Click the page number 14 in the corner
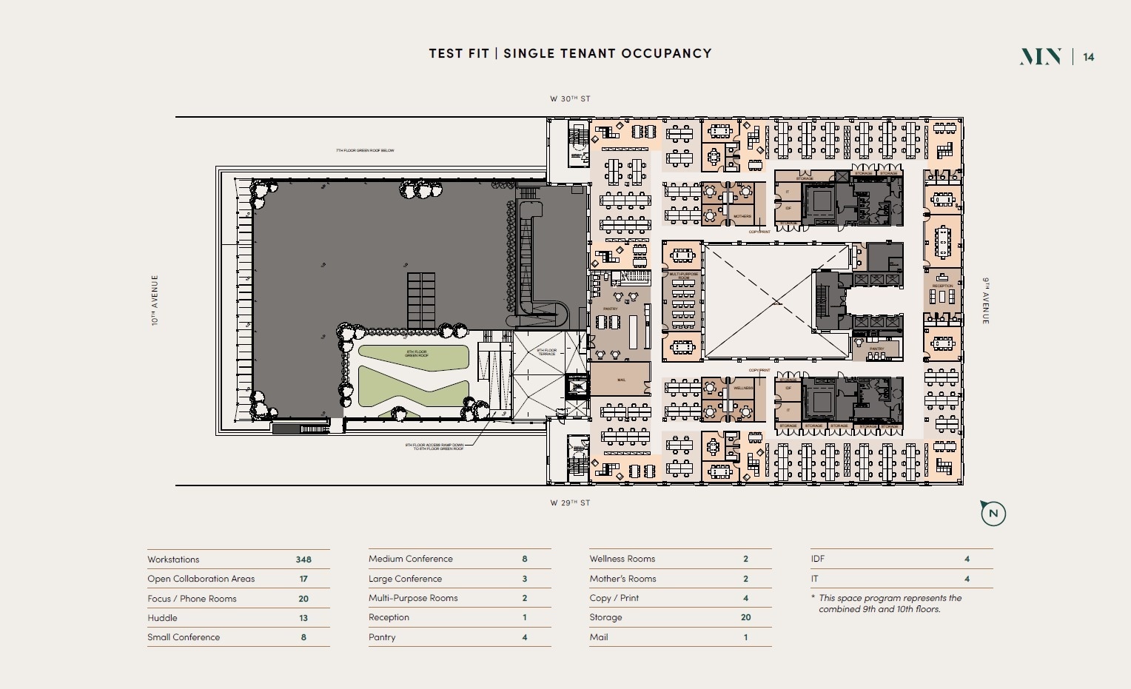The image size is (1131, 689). [x=1089, y=57]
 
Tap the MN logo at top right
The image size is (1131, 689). [x=1041, y=57]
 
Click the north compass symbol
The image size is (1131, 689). [x=993, y=513]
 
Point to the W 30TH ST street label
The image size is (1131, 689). [x=570, y=98]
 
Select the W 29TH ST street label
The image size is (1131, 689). [x=570, y=503]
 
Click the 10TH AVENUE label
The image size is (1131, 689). [x=155, y=300]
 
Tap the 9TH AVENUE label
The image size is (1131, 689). [x=986, y=300]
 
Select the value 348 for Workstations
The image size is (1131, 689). [x=303, y=559]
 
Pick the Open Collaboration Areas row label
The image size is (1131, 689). [x=201, y=579]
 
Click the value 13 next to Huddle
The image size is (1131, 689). [x=303, y=618]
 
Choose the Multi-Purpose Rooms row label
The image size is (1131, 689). [x=413, y=598]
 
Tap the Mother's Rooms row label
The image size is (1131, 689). [x=622, y=579]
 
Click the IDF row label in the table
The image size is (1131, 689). [x=817, y=559]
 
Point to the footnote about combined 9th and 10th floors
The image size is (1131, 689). [x=888, y=604]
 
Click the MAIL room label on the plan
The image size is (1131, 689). [x=622, y=380]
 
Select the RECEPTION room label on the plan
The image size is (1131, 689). [x=943, y=286]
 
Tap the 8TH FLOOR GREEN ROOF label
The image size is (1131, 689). [x=416, y=354]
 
